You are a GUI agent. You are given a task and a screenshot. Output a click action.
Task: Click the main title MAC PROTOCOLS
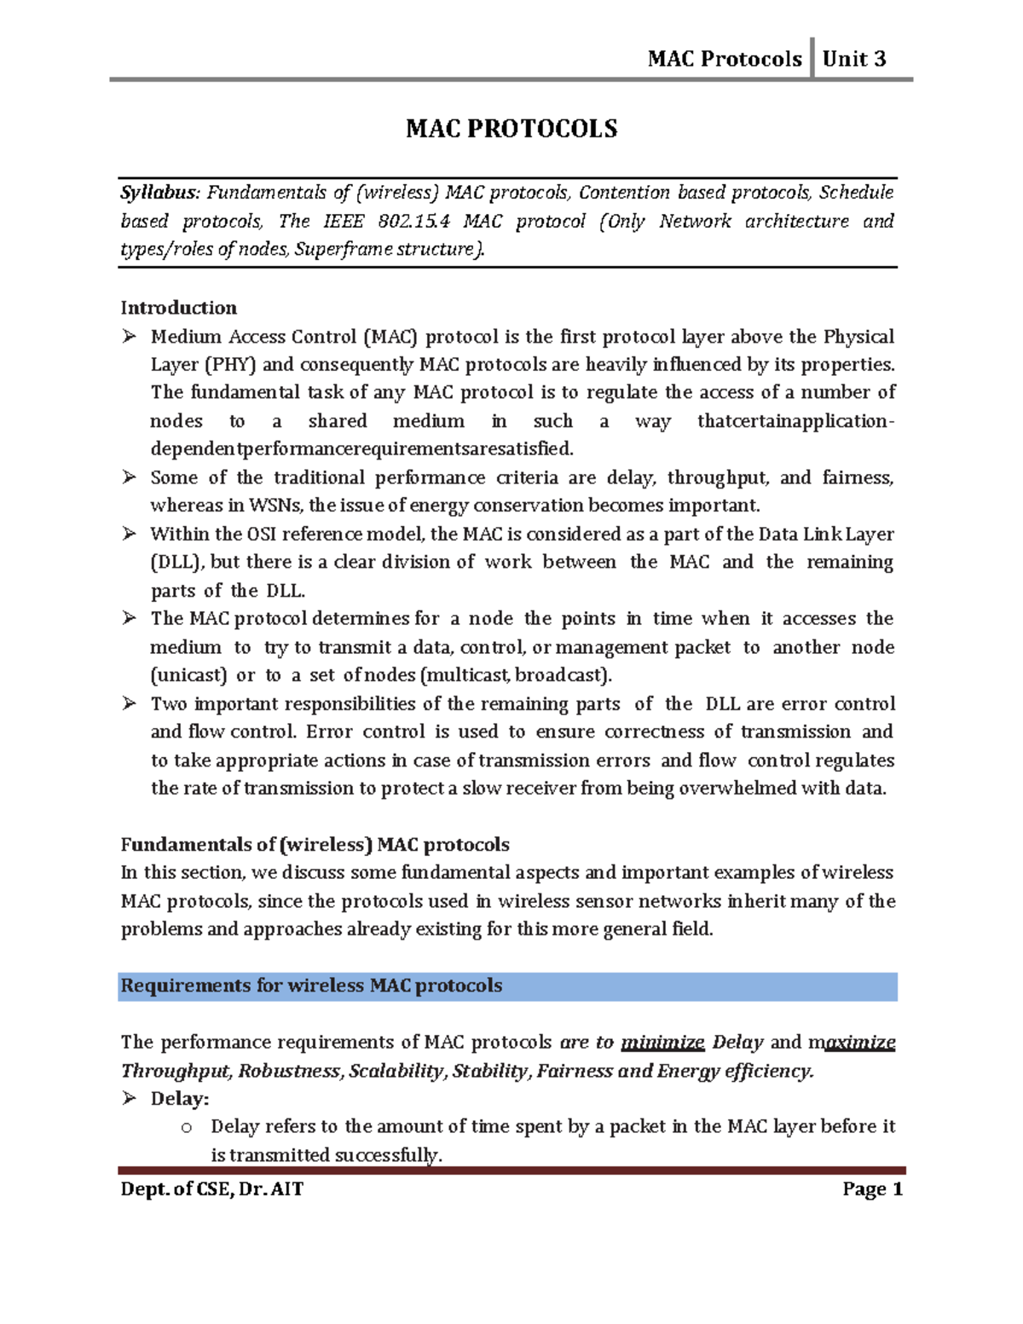pos(511,129)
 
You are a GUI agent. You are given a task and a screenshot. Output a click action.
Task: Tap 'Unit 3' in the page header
pos(853,59)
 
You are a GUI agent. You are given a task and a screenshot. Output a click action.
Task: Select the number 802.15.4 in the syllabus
pos(413,222)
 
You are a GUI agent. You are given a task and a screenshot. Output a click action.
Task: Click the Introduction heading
pos(178,308)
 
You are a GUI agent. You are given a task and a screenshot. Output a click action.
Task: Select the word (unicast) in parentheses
pos(188,675)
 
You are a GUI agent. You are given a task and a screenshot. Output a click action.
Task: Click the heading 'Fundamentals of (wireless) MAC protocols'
pos(315,845)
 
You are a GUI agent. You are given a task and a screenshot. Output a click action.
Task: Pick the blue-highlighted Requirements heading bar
pos(507,986)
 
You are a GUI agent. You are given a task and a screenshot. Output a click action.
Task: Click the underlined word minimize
pos(662,1043)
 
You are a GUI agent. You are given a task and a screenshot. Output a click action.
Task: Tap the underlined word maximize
pos(852,1043)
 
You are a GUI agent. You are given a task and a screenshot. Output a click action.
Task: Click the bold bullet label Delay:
pos(179,1099)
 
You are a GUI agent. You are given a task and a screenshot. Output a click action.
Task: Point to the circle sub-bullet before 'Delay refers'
pos(187,1128)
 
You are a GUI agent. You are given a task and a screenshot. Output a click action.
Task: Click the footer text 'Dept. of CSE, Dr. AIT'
pos(212,1189)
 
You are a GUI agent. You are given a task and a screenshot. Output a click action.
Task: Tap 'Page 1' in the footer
pos(872,1189)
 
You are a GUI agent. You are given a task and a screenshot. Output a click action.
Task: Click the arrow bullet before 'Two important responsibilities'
pos(129,703)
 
